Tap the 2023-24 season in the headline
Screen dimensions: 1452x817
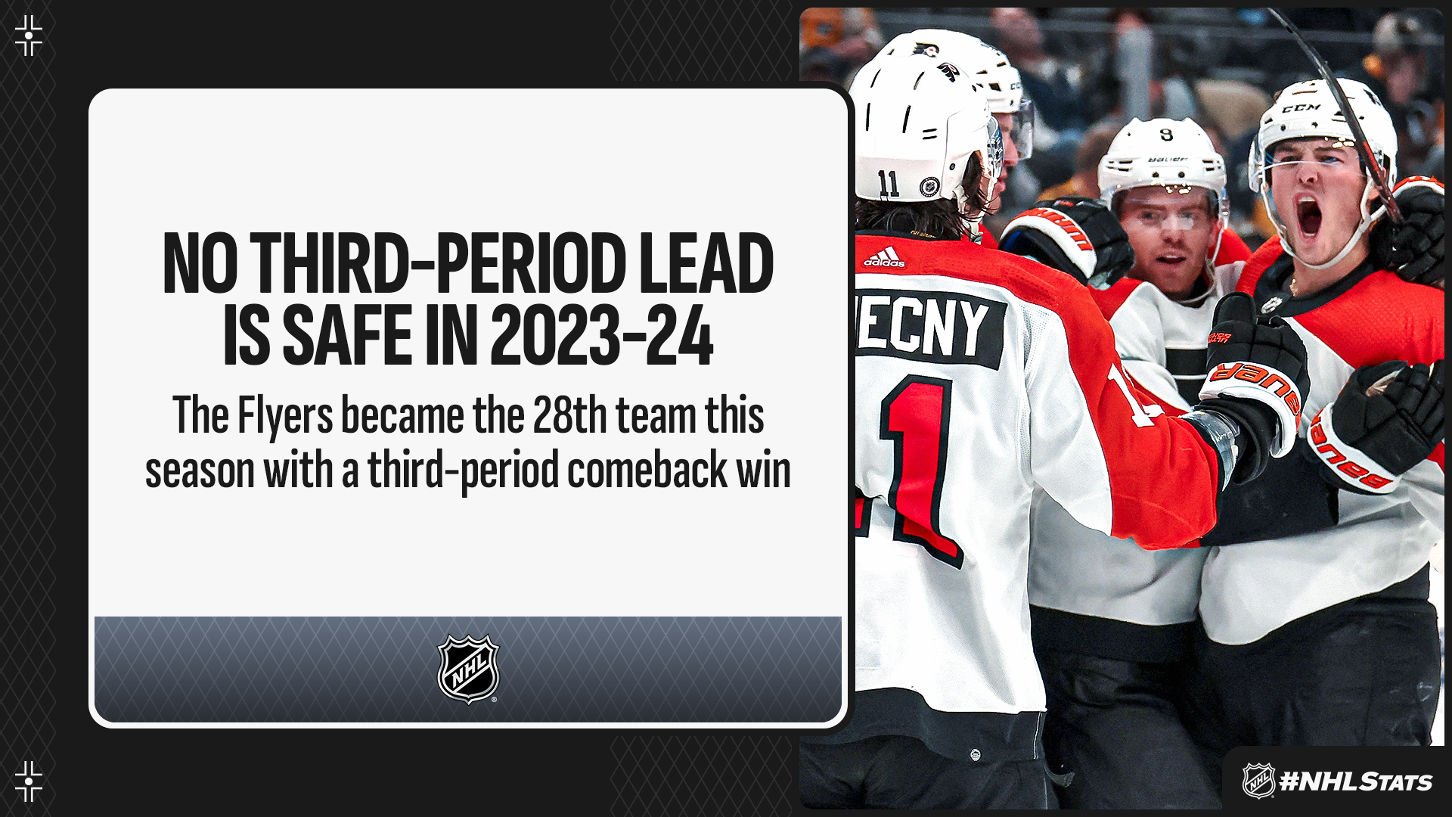[x=602, y=334]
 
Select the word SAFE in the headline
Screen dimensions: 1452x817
[x=348, y=334]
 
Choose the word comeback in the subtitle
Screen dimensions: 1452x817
[x=647, y=470]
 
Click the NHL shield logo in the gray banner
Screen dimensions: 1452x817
[x=468, y=669]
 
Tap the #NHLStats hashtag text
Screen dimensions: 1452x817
[x=1355, y=781]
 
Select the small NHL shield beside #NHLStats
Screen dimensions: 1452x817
[x=1258, y=781]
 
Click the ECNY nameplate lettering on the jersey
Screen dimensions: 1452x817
[x=923, y=325]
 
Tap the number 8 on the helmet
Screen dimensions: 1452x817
[x=1166, y=135]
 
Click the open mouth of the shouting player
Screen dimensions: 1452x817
[x=1309, y=216]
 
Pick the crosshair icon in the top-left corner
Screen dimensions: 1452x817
[x=29, y=36]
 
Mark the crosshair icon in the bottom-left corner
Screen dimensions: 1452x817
[x=29, y=781]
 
